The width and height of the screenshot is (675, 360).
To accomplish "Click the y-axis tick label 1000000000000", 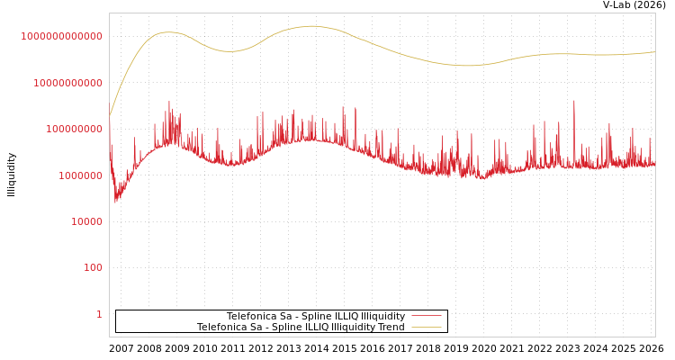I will (61, 36).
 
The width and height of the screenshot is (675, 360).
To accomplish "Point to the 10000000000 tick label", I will (67, 83).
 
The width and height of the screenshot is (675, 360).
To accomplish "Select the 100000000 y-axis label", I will (74, 129).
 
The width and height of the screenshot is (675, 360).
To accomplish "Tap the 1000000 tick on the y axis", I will (80, 175).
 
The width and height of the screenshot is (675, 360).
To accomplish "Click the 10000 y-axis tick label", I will (86, 221).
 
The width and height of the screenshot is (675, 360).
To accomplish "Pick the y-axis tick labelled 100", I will (93, 267).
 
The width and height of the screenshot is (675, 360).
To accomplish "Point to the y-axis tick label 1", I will (99, 314).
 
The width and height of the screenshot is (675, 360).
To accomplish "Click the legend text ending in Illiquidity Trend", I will (301, 328).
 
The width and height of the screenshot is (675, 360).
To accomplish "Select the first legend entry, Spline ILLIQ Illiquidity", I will (315, 317).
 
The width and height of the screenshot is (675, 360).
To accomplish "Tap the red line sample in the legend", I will (427, 317).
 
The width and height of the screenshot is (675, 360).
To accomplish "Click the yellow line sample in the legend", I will (427, 328).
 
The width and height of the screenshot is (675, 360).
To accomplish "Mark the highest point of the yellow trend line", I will (311, 26).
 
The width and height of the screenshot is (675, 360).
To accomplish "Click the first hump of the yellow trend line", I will (167, 32).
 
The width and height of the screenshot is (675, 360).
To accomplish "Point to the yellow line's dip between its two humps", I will (230, 51).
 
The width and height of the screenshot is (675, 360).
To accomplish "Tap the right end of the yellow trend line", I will (654, 52).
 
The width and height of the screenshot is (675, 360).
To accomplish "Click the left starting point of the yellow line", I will (110, 115).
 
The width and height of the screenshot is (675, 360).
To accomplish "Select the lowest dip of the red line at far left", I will (115, 202).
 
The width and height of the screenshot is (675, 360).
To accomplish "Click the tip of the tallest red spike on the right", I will (574, 101).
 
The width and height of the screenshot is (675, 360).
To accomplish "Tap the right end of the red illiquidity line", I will (654, 165).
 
